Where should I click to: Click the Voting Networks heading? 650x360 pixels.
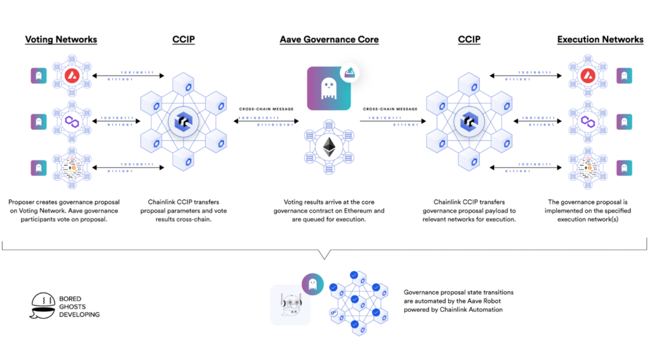(x=61, y=39)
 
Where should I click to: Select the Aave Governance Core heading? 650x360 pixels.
(x=329, y=39)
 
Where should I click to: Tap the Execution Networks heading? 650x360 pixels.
(x=600, y=39)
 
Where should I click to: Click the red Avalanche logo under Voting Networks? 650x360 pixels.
(x=70, y=77)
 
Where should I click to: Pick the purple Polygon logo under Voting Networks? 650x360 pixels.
(x=70, y=121)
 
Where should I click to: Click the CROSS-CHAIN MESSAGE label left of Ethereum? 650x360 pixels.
(x=266, y=109)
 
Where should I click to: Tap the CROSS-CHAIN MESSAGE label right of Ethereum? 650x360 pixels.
(x=390, y=109)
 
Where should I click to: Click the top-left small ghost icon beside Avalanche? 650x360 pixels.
(x=39, y=77)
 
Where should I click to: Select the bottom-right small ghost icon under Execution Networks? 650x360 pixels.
(x=624, y=167)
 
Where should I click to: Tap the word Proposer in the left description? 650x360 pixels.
(x=25, y=201)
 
